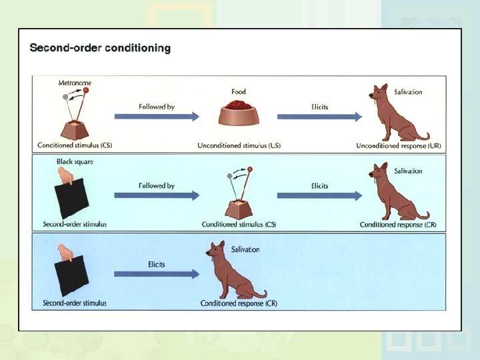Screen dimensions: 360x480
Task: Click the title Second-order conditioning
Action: tap(100, 48)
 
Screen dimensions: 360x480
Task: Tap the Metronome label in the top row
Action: tap(75, 83)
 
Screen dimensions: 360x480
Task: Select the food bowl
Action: tap(238, 114)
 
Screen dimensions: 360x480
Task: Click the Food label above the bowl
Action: tap(239, 92)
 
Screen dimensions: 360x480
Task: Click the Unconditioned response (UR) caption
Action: tap(399, 145)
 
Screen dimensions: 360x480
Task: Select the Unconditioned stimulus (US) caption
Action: tap(239, 145)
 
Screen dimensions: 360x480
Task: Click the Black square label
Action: tap(75, 162)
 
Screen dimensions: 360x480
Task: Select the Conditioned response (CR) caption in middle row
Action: tap(398, 225)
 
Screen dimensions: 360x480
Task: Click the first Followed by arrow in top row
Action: tap(157, 117)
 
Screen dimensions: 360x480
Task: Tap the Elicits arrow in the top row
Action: tap(319, 117)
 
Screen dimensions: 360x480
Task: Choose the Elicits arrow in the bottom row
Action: tap(157, 273)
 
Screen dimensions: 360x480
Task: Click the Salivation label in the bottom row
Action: tap(245, 249)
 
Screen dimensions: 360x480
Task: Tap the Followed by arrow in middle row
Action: tap(157, 195)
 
